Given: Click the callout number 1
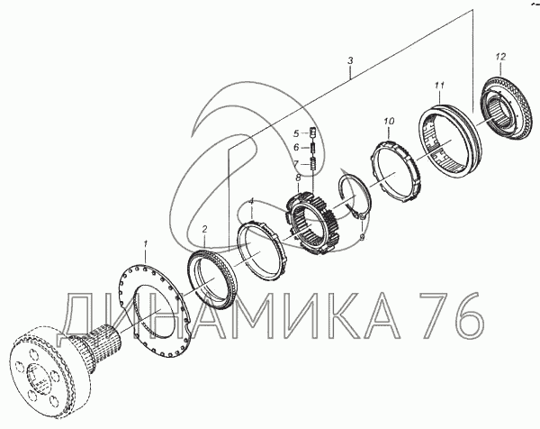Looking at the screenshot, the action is [145, 244].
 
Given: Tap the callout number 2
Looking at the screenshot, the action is [204, 229].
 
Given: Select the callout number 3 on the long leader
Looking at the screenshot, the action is [350, 61].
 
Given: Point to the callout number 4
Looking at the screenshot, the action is [251, 201].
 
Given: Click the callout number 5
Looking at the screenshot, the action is [296, 132].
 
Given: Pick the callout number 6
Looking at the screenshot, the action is [296, 148].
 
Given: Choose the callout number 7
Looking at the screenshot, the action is [295, 163].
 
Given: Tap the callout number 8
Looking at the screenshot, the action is [298, 178].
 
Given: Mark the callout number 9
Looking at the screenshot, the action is [362, 237].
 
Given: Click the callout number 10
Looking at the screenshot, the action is [389, 121].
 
